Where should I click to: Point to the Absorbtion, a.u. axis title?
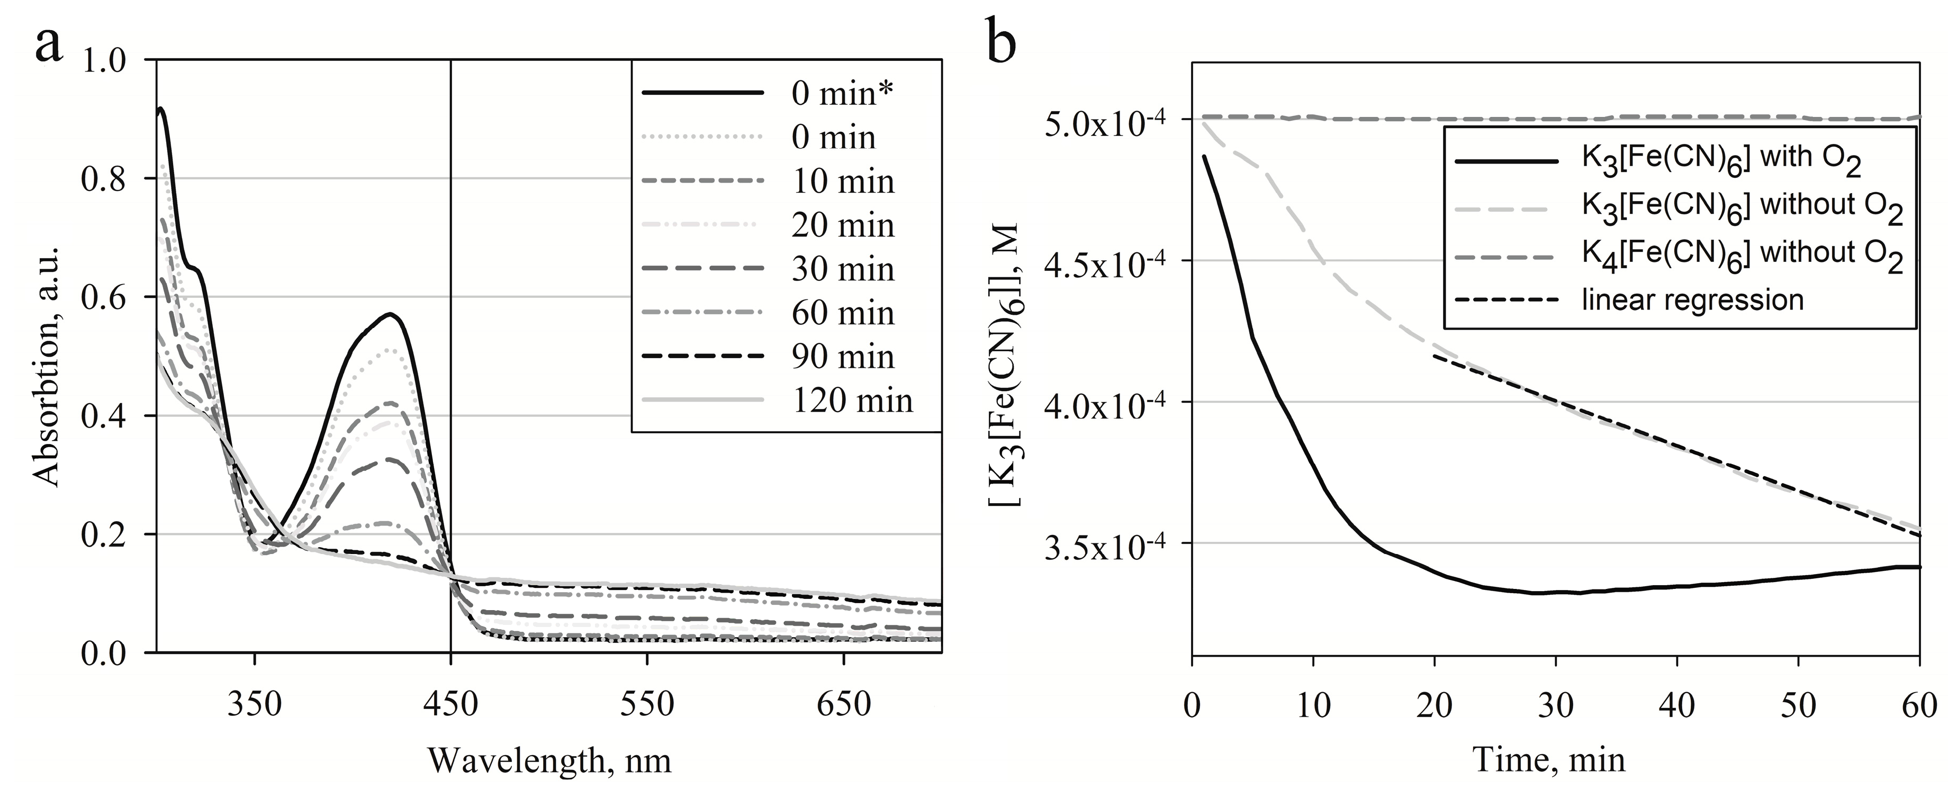(x=47, y=355)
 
